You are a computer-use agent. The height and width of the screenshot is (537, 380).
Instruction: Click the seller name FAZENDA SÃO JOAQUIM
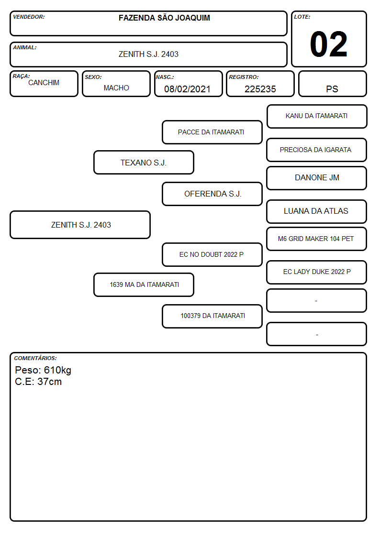tap(165, 18)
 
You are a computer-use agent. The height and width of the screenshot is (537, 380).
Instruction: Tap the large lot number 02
tap(329, 44)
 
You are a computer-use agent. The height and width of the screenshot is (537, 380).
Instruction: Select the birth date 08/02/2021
tap(187, 89)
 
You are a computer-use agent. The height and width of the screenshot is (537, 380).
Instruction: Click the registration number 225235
tap(260, 89)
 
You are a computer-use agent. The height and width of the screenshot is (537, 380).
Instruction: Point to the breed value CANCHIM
tap(44, 83)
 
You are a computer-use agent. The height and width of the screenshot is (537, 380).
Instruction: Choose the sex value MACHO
tap(116, 88)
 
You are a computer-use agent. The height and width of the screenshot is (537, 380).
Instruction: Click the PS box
tap(332, 84)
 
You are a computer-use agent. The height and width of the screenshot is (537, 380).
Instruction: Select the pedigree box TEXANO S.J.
tap(144, 162)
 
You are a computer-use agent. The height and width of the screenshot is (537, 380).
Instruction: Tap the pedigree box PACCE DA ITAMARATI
tap(212, 132)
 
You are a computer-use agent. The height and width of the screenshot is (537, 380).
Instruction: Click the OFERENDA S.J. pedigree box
tap(212, 194)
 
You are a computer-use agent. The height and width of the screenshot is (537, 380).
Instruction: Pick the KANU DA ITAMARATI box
tap(317, 117)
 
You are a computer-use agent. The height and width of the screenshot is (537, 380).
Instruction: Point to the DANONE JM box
tap(317, 178)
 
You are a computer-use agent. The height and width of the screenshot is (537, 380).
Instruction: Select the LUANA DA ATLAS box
tap(317, 211)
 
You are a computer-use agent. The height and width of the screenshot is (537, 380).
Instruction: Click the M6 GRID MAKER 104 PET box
tap(317, 239)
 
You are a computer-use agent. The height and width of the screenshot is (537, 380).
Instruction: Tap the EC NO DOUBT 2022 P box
tap(212, 254)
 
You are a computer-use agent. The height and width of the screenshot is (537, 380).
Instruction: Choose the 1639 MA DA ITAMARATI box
tap(144, 285)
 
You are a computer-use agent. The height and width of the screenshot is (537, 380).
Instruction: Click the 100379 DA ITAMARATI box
tap(212, 316)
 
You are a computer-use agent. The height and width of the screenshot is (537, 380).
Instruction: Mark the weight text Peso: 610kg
tap(43, 370)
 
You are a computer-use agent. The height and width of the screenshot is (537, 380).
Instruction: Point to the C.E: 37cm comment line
tap(38, 382)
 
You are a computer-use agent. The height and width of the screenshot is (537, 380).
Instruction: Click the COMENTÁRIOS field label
tap(35, 358)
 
